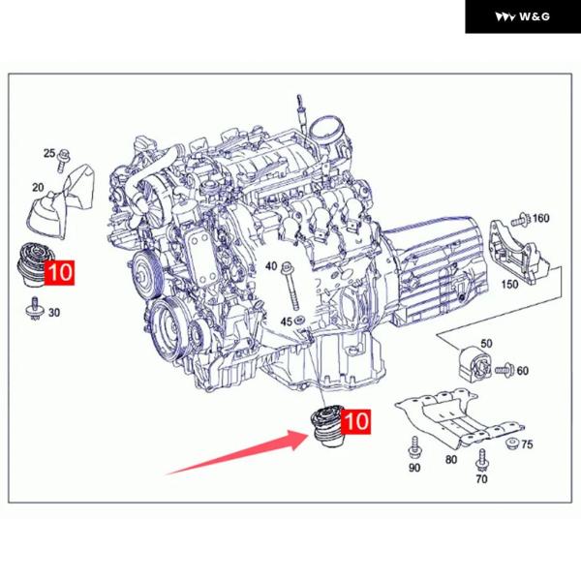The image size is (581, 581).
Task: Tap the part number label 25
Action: click(x=49, y=153)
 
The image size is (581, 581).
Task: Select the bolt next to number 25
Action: click(x=63, y=161)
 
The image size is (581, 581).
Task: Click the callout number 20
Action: click(x=38, y=188)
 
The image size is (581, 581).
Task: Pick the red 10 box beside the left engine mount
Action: click(x=59, y=273)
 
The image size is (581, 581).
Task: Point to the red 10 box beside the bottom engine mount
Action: click(x=355, y=421)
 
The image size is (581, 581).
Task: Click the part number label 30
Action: click(x=54, y=313)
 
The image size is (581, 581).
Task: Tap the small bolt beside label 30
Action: click(x=35, y=308)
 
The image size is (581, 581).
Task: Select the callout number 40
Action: click(x=271, y=265)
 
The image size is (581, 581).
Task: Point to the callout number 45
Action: click(x=286, y=321)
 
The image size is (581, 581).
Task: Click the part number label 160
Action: click(x=540, y=218)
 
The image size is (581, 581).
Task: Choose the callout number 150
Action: click(x=509, y=284)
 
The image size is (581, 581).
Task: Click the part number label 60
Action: click(x=523, y=370)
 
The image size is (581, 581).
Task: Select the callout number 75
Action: click(x=527, y=443)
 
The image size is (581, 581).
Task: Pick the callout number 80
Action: click(x=451, y=459)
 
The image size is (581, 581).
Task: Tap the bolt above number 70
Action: click(x=481, y=459)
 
